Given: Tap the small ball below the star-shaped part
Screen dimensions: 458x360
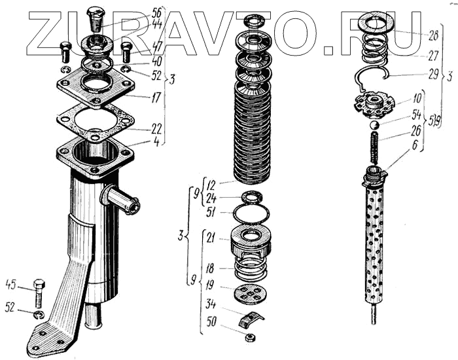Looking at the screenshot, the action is point(374,124).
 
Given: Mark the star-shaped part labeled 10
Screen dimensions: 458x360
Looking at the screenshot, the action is point(376,101).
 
